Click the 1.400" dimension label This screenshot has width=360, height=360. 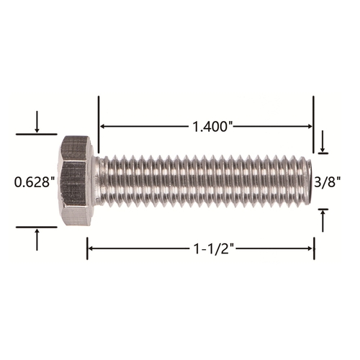(213, 127)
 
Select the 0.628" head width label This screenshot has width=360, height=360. (35, 182)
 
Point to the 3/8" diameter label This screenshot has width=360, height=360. (328, 183)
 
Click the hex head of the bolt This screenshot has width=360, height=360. (76, 181)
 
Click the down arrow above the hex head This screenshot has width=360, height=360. (37, 122)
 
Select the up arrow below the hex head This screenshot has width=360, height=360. (37, 240)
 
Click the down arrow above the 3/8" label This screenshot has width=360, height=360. (323, 141)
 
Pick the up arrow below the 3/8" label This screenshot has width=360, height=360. (323, 221)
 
